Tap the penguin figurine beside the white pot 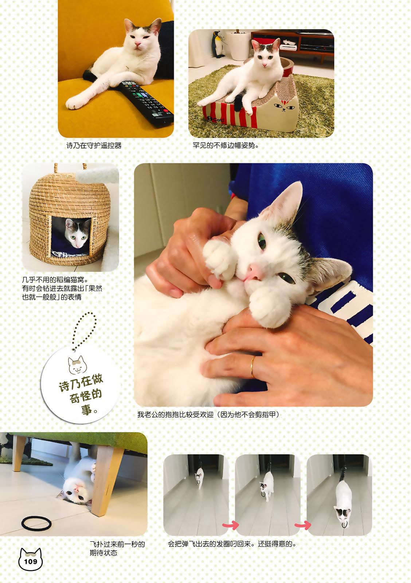pos(218,44)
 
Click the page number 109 pos(31,561)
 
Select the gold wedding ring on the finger pos(253,367)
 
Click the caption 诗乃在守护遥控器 pos(94,145)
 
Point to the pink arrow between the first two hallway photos pos(231,525)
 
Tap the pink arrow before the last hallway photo pos(303,525)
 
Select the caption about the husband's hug pos(208,414)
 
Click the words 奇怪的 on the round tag pos(85,396)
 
